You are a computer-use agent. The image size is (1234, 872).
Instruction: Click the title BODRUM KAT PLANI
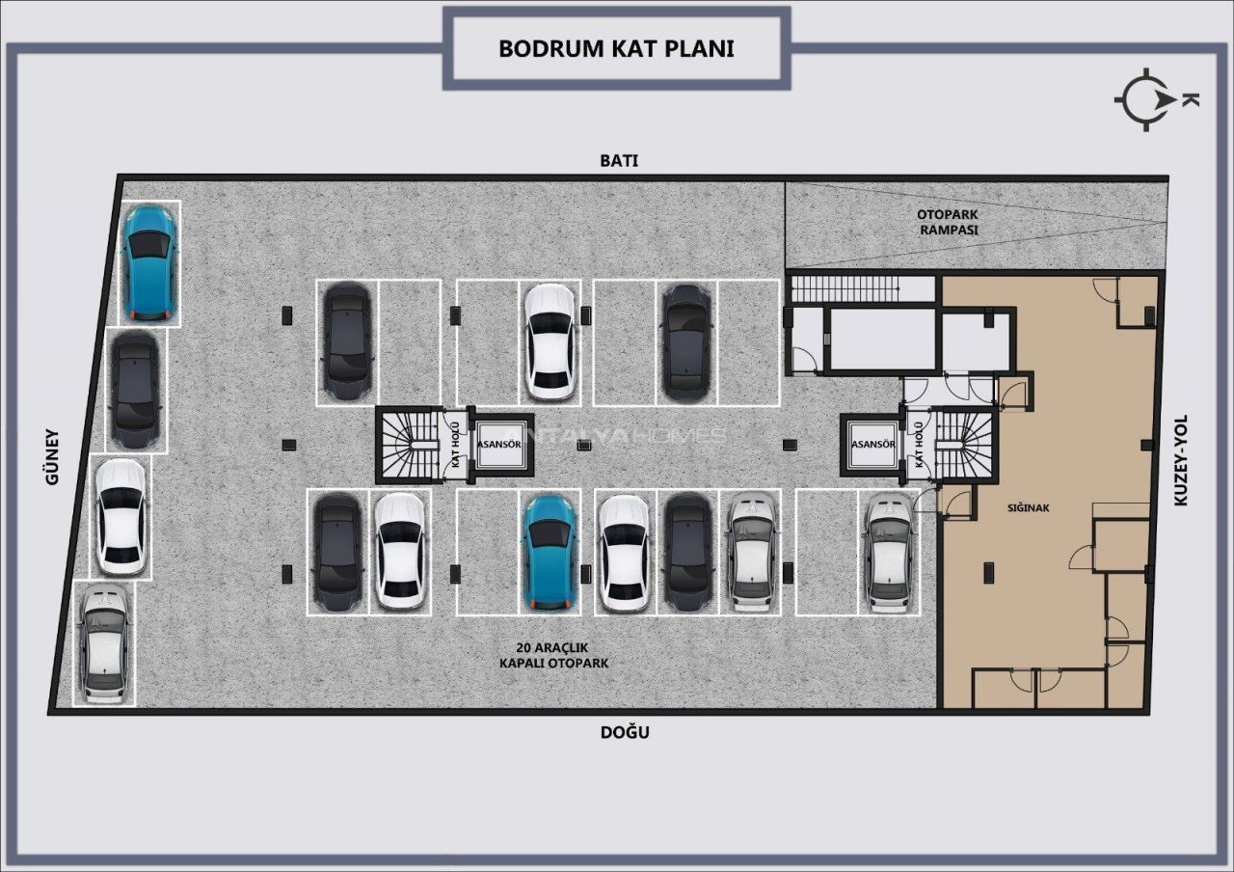(616, 48)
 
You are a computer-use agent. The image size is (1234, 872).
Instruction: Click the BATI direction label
(619, 160)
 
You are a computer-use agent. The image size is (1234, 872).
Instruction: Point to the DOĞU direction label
(625, 732)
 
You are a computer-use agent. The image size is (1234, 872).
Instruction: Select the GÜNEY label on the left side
(52, 457)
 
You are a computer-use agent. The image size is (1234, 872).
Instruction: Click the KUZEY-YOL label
(1181, 460)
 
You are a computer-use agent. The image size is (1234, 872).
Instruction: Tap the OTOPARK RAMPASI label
(948, 222)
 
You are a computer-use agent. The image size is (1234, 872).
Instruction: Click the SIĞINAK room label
(1028, 507)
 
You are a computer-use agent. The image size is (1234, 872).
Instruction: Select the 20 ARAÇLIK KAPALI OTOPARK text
(553, 655)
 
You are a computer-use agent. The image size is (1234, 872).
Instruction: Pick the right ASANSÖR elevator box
(872, 445)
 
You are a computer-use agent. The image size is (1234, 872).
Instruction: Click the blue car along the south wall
(148, 263)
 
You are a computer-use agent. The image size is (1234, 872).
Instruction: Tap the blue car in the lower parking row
(550, 553)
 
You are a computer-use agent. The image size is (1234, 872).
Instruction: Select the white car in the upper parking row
(550, 341)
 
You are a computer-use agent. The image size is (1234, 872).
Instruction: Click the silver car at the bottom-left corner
(103, 642)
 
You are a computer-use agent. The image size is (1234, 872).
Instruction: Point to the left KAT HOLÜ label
(456, 445)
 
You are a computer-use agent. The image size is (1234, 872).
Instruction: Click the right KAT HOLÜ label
(919, 445)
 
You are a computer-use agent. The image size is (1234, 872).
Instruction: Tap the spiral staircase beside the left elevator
(410, 445)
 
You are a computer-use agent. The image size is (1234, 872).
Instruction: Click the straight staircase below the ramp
(845, 288)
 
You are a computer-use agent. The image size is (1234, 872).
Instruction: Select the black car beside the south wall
(135, 391)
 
